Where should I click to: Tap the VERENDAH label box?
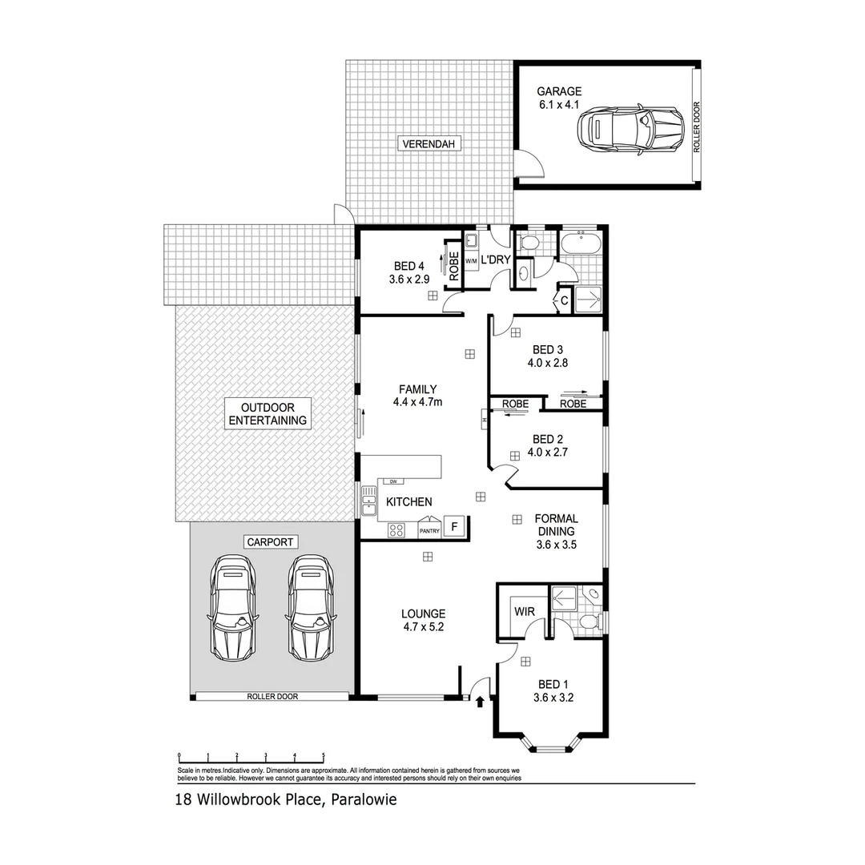point(429,144)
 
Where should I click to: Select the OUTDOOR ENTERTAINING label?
point(268,413)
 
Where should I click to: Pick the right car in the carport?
point(310,605)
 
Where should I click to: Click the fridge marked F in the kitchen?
point(454,527)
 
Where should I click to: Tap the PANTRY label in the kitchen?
point(428,530)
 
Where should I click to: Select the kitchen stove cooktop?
point(396,529)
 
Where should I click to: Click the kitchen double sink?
point(369,502)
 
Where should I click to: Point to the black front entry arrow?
point(480,702)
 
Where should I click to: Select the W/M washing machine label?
point(471,261)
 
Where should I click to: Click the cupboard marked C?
point(564,300)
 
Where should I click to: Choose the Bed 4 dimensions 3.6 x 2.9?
point(408,280)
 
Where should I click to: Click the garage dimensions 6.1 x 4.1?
point(559,104)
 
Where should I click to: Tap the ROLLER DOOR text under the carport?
point(272,697)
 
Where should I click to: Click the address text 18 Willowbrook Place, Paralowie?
point(286,799)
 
